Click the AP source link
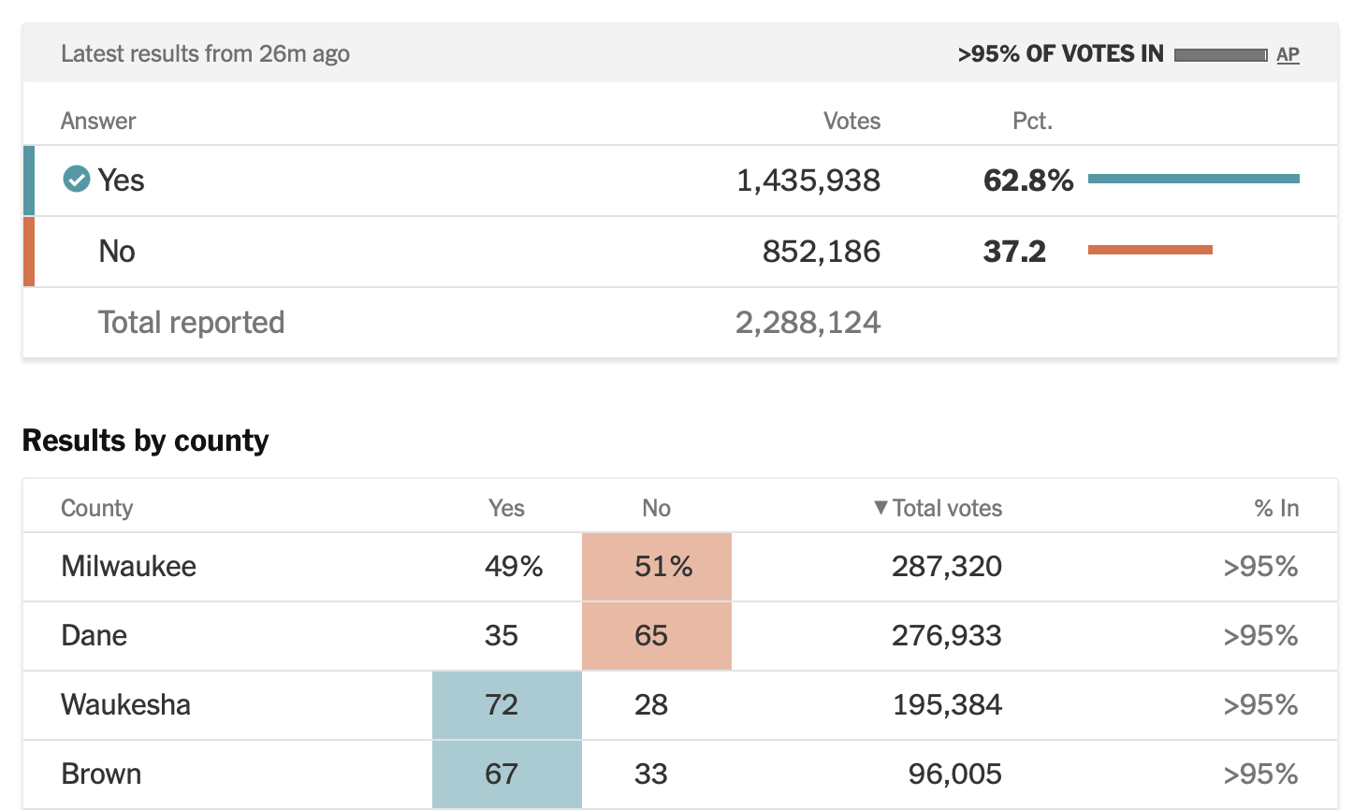[x=1288, y=54]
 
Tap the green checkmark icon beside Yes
[x=76, y=179]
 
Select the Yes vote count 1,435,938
[x=808, y=181]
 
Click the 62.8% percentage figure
[x=1027, y=181]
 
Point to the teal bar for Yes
[x=1193, y=179]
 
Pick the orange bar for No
[x=1150, y=250]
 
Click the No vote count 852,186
[x=821, y=252]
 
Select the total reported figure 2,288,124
[x=808, y=323]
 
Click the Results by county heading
[x=145, y=440]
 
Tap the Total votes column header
[x=946, y=508]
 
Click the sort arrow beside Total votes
[x=880, y=507]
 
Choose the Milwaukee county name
[x=128, y=566]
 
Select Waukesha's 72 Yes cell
[x=506, y=704]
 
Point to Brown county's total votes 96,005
[x=954, y=774]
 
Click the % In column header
[x=1275, y=508]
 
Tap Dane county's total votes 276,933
[x=946, y=636]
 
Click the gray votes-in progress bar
[x=1220, y=55]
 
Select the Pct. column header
[x=1032, y=121]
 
